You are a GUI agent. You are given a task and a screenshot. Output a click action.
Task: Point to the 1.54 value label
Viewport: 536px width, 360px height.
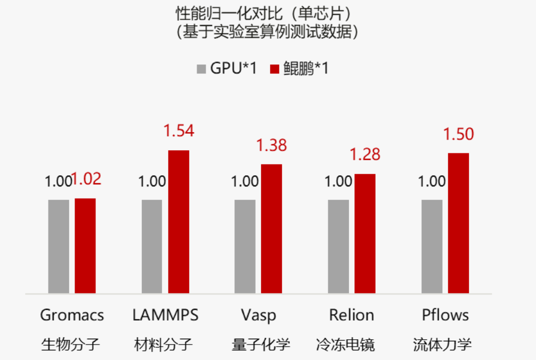[178, 130]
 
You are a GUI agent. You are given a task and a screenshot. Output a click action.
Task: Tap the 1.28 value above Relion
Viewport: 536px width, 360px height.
[365, 154]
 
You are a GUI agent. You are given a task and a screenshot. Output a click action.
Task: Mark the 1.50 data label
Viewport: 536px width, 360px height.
[458, 134]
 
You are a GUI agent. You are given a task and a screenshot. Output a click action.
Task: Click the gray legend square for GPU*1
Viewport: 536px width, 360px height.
[201, 69]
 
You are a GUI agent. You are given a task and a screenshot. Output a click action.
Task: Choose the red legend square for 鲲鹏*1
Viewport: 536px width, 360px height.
[275, 69]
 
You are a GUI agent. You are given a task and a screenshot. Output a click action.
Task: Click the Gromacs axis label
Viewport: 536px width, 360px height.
[72, 315]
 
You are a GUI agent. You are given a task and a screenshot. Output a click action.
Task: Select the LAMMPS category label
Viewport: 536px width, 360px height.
[165, 315]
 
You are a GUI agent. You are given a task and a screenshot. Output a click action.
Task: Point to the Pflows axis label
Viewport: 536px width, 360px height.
[445, 315]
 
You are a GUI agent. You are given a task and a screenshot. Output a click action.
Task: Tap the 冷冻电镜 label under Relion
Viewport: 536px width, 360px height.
[345, 345]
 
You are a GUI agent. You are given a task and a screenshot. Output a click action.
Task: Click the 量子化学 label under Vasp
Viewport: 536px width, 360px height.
[261, 345]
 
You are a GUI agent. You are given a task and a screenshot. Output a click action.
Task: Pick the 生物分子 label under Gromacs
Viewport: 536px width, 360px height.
[70, 345]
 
